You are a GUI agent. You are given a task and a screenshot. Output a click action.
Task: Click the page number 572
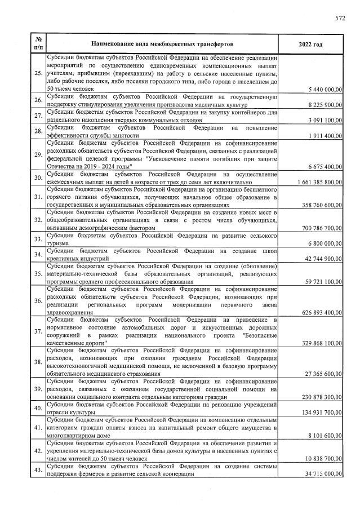tap(340, 18)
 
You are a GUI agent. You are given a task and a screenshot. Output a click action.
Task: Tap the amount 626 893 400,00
tap(322, 312)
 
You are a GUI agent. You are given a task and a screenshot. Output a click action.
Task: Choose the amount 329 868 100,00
tap(322, 342)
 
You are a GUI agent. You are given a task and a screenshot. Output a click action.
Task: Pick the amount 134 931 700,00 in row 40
tap(322, 412)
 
